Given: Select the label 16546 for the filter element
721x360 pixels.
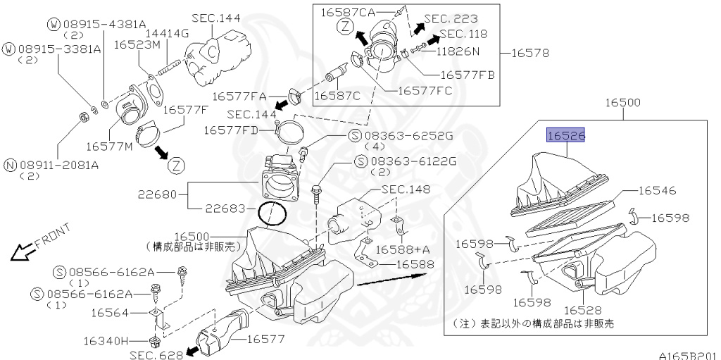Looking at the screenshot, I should [x=658, y=190].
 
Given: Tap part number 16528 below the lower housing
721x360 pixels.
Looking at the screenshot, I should [x=583, y=310].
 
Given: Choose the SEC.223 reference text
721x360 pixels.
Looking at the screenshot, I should [x=451, y=18].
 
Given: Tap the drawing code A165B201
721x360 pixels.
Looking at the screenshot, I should [x=689, y=355].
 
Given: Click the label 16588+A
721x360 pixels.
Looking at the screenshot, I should [x=399, y=249].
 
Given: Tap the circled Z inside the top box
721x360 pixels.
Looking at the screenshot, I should [x=345, y=27].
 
